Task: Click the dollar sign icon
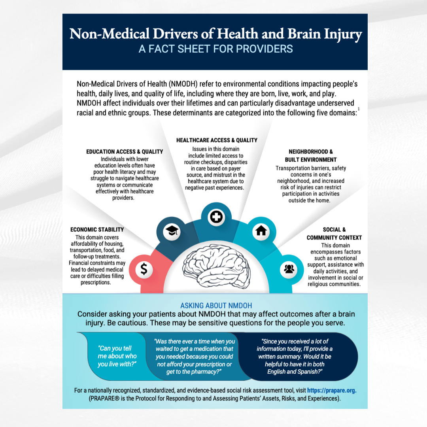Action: coord(144,269)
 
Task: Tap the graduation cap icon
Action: coord(172,231)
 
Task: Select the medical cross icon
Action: coord(216,217)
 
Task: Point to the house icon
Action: coord(261,231)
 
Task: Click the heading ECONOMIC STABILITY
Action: coord(97,229)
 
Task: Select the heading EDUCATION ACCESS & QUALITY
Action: coord(125,151)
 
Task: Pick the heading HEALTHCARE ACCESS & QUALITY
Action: coord(217,140)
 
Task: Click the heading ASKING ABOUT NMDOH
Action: coord(216,306)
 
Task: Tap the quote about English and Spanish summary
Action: coord(295,356)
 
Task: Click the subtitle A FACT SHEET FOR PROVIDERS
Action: coord(215,49)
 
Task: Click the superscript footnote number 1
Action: coord(358,109)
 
